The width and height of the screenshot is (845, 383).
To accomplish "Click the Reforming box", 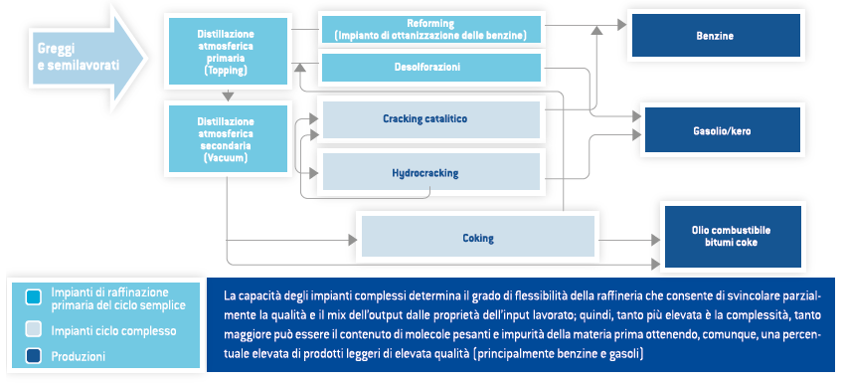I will [x=430, y=29].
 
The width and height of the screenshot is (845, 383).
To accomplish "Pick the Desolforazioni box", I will [x=430, y=67].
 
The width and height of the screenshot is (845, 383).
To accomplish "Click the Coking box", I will [x=478, y=238].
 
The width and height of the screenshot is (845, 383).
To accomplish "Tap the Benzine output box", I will [x=715, y=36].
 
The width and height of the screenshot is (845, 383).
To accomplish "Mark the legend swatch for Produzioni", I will [x=33, y=355].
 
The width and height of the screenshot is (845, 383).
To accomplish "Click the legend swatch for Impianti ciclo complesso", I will [x=33, y=330].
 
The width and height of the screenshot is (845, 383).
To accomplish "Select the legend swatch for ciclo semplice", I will [x=33, y=296].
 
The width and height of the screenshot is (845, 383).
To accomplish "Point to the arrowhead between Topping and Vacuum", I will [x=230, y=96].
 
